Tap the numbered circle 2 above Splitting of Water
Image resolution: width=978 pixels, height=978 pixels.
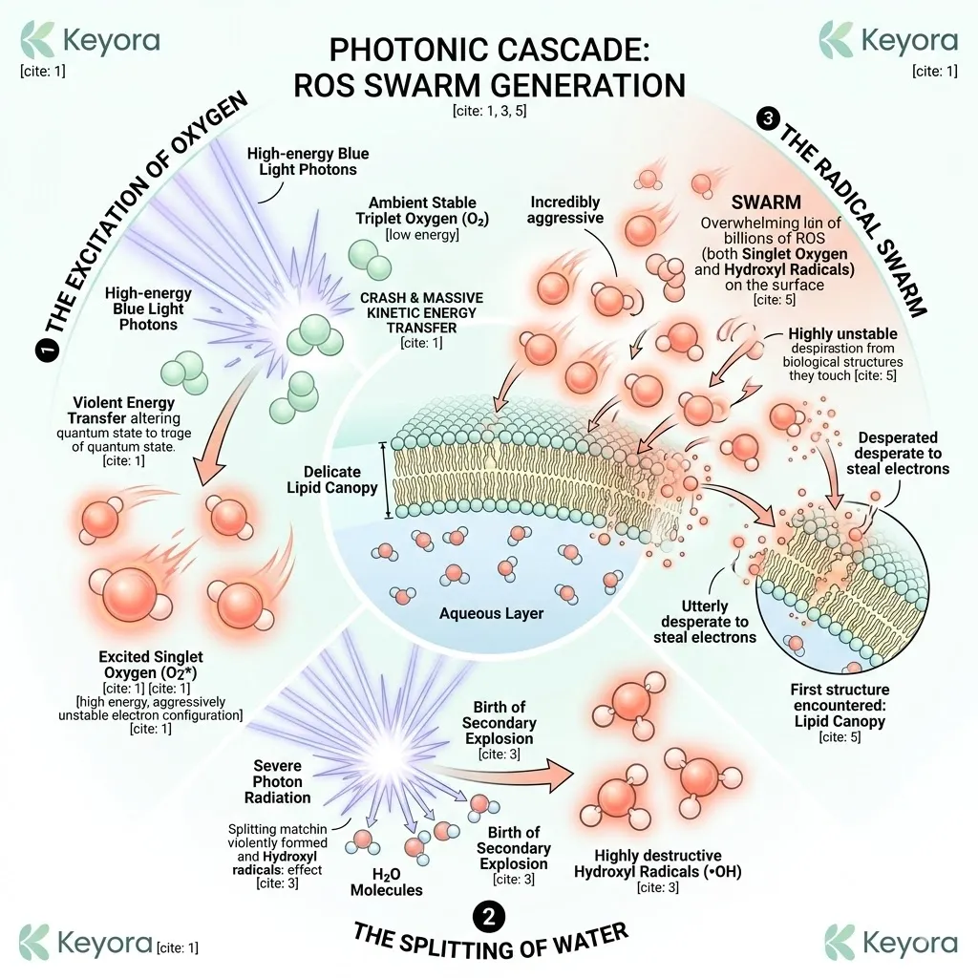pyautogui.click(x=488, y=918)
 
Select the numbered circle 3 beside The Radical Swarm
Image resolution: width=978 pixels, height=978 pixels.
pyautogui.click(x=767, y=118)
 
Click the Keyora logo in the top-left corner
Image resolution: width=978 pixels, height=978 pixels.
pyautogui.click(x=92, y=42)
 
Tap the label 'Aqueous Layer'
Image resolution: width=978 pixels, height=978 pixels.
pyautogui.click(x=490, y=612)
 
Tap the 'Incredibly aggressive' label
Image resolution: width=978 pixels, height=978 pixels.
pyautogui.click(x=565, y=209)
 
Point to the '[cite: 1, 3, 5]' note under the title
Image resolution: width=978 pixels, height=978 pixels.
pyautogui.click(x=489, y=110)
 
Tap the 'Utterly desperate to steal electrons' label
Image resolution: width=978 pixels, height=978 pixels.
pyautogui.click(x=706, y=622)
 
